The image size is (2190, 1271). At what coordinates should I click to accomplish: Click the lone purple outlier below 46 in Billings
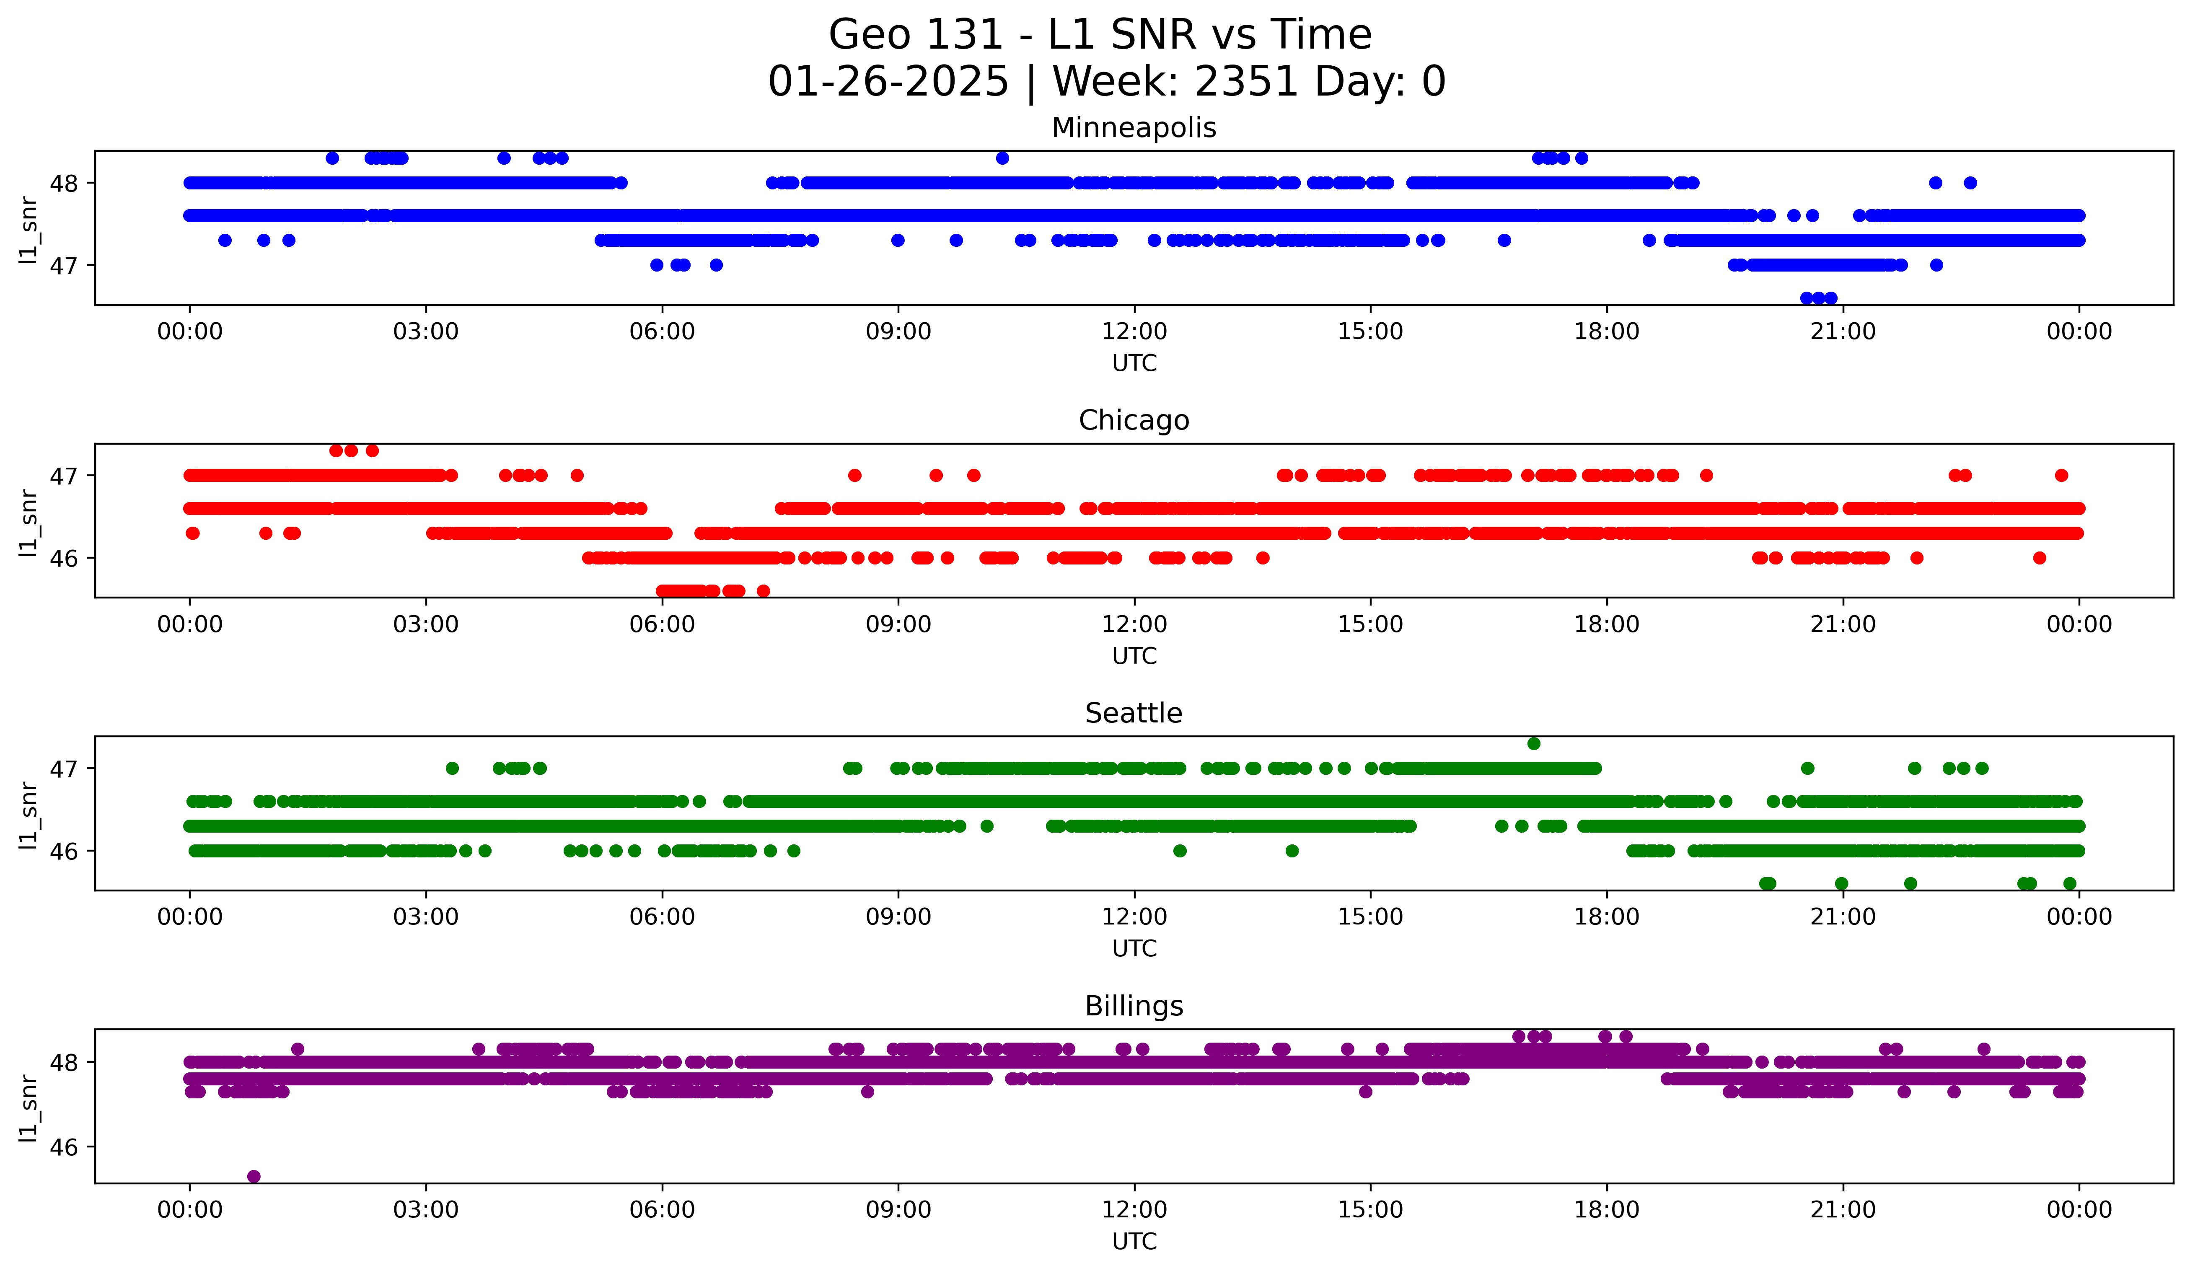(x=254, y=1176)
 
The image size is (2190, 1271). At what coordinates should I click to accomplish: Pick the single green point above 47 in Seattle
(x=1534, y=744)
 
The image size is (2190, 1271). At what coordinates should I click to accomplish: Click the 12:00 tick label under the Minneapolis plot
(x=1134, y=331)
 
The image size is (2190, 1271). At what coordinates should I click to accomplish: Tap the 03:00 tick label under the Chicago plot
(x=426, y=624)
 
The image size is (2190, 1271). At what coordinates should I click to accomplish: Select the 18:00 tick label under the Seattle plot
(x=1606, y=916)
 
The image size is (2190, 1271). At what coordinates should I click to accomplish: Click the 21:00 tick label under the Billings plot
(x=1842, y=1209)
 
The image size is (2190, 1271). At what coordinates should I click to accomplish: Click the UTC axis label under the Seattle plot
(x=1134, y=949)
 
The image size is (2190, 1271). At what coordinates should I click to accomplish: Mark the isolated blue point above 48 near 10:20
(x=1002, y=158)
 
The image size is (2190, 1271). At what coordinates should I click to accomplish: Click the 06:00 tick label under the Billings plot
(x=662, y=1209)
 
